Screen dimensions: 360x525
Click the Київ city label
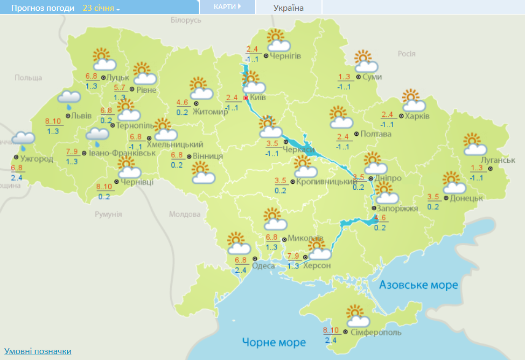coord(258,98)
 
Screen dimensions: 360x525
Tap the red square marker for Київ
coord(246,98)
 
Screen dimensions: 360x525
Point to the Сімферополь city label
coord(376,333)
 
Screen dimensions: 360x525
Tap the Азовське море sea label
coord(418,285)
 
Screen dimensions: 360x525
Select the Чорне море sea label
coord(274,342)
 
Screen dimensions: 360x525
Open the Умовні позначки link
coord(38,351)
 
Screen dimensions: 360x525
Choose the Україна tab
coord(288,8)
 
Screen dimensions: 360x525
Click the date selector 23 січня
coord(101,8)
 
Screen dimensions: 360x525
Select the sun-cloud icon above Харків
coord(413,100)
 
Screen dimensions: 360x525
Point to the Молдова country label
coord(184,214)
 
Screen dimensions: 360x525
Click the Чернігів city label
coord(285,56)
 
